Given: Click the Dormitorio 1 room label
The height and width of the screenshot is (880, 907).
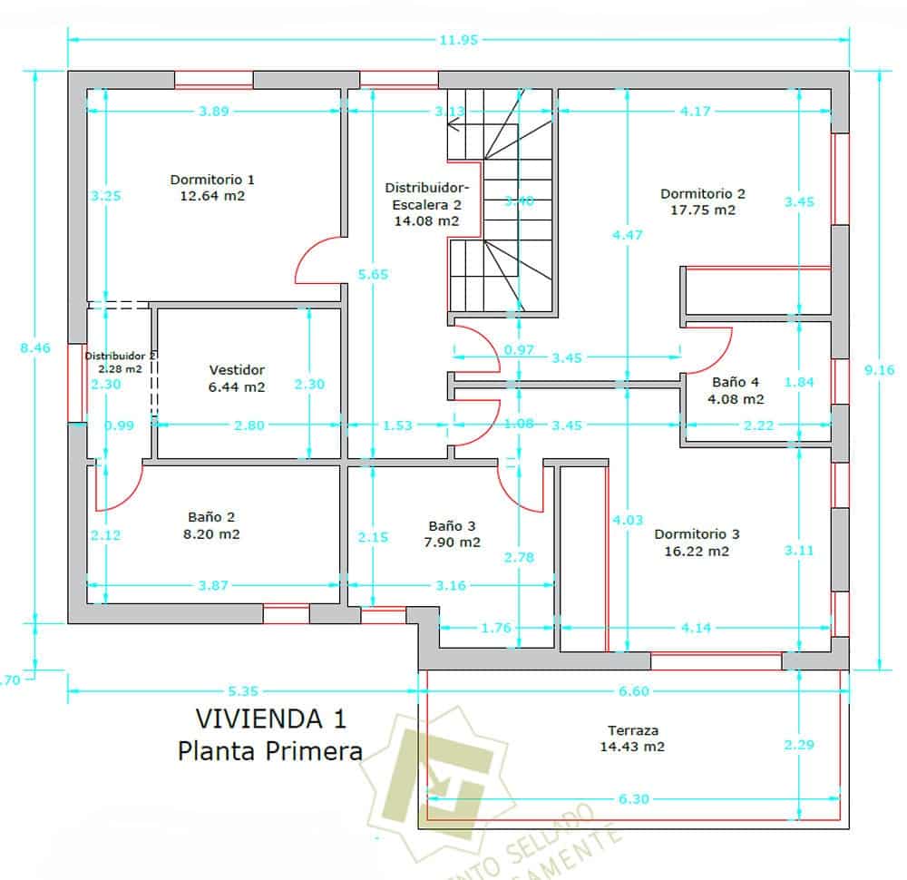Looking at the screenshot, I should pos(212,179).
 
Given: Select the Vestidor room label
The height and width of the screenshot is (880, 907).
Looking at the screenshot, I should pos(237,370).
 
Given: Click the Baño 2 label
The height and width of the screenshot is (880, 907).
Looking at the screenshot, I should pos(211,517).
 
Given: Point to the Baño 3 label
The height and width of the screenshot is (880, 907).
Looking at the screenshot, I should pos(452,525).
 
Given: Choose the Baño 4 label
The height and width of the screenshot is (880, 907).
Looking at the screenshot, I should pos(736,382).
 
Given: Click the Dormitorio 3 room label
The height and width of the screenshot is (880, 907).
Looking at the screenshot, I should pos(697,533).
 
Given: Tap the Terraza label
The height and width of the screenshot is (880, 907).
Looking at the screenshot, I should pos(632,730).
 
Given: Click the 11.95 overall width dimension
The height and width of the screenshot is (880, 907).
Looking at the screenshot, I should pos(458,40).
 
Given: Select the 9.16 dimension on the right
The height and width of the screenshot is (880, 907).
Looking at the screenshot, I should pos(881,369).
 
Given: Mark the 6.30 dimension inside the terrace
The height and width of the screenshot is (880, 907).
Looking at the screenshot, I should pos(632,799).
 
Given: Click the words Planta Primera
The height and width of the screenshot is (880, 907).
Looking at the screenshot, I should pos(270,750).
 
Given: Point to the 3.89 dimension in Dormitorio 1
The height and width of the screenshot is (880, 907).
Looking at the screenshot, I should pos(213,112).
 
